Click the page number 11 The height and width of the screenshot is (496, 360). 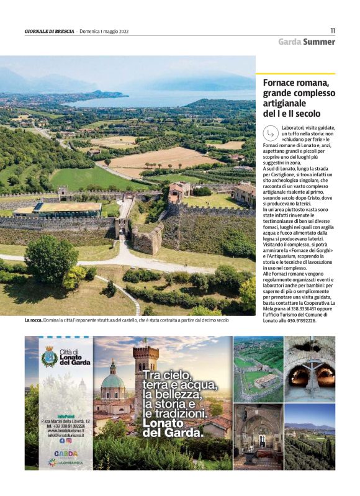click(x=332, y=30)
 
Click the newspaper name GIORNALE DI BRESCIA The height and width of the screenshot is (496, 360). click(x=50, y=31)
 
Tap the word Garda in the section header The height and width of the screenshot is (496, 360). click(x=290, y=42)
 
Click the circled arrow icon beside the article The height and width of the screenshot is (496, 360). click(x=270, y=133)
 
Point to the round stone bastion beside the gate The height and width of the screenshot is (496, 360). click(x=147, y=240)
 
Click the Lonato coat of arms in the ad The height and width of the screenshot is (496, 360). click(x=49, y=358)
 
